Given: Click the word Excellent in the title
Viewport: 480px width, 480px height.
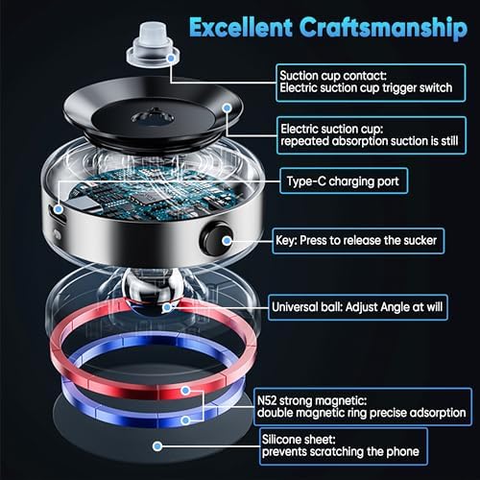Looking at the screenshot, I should click(x=241, y=26).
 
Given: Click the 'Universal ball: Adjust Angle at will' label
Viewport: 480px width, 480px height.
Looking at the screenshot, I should click(x=372, y=307).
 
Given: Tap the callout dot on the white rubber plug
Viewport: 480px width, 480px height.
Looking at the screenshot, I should click(x=170, y=57).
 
